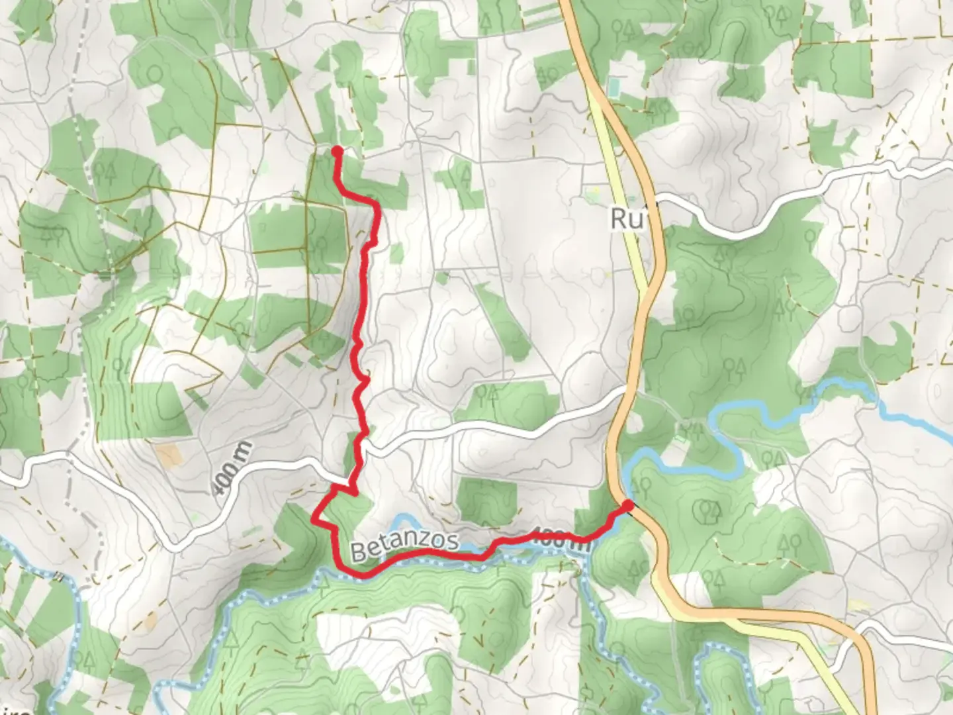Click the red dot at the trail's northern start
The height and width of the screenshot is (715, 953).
(336, 151)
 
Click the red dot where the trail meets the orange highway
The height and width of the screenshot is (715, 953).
(627, 506)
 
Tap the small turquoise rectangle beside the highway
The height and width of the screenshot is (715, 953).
(614, 86)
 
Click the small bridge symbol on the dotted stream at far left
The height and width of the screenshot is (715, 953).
(62, 577)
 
